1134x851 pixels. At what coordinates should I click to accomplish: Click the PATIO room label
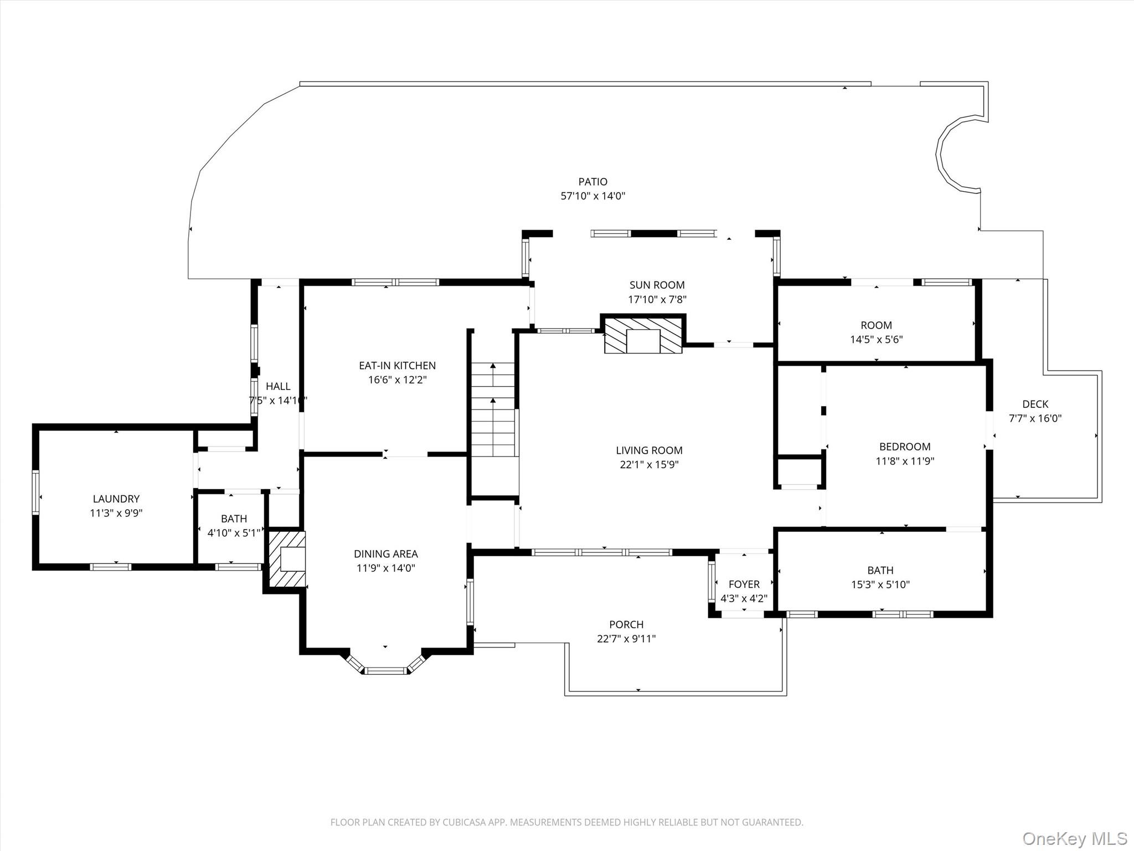(x=592, y=182)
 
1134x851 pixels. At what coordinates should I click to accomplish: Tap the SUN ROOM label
(x=657, y=285)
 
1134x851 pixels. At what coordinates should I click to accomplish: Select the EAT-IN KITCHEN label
(x=397, y=366)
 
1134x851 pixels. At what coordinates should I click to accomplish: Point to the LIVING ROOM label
(x=649, y=450)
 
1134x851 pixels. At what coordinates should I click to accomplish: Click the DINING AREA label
(x=385, y=554)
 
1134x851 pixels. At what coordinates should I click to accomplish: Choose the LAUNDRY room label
(x=116, y=499)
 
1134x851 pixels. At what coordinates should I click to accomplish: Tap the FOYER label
(x=744, y=585)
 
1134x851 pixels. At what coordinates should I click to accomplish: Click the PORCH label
(x=626, y=624)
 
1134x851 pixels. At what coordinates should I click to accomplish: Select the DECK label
(x=1035, y=404)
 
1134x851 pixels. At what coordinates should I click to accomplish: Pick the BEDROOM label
(x=905, y=447)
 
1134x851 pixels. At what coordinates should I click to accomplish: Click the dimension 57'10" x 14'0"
(x=592, y=196)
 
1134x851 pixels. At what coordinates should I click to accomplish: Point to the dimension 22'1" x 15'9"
(x=649, y=465)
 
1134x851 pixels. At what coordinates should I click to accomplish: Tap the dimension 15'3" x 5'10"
(x=880, y=585)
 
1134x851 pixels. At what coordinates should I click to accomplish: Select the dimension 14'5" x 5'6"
(x=876, y=340)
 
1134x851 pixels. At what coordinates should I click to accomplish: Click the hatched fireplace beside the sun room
(x=643, y=335)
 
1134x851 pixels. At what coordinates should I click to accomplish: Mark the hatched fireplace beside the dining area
(x=286, y=559)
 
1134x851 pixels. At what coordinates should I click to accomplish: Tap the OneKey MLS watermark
(x=1074, y=838)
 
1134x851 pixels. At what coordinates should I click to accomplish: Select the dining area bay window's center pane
(x=385, y=670)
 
